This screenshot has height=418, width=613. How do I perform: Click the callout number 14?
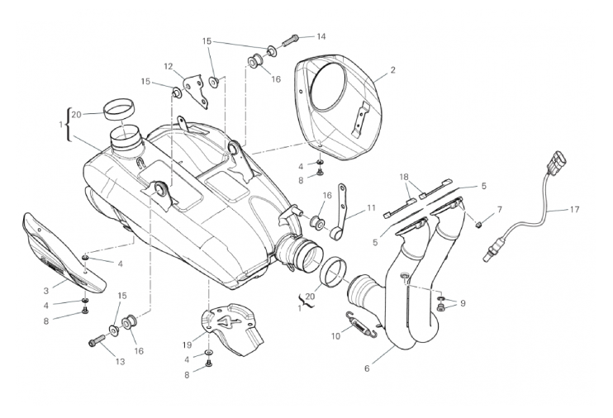point(321,36)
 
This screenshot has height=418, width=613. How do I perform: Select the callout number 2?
point(392,70)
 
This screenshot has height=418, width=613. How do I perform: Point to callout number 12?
point(168,66)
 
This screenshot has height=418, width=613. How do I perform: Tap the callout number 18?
point(404,177)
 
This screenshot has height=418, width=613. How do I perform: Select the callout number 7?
point(499,209)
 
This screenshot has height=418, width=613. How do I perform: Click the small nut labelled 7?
point(478,222)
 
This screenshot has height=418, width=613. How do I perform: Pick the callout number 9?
point(463,303)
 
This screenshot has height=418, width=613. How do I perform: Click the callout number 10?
point(335,336)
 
